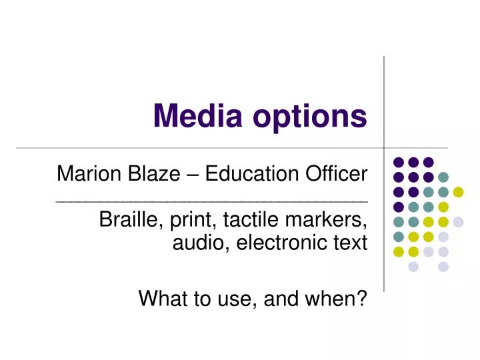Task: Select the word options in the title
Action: (x=309, y=117)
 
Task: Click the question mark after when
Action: (x=362, y=299)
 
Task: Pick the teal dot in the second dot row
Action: (x=443, y=177)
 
